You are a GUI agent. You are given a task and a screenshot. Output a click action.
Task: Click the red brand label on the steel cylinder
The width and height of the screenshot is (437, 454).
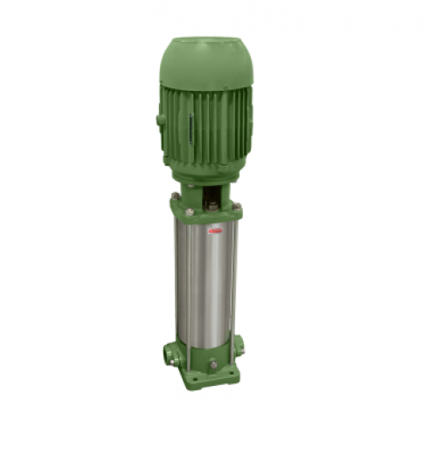(x=216, y=230)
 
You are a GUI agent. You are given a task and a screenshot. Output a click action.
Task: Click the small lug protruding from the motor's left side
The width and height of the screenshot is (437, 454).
(x=161, y=120)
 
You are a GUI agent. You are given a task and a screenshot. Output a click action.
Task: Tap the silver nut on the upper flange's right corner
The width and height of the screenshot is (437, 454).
(x=236, y=206)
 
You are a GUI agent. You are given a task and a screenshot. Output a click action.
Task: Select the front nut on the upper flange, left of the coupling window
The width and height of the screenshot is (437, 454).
(x=189, y=211)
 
